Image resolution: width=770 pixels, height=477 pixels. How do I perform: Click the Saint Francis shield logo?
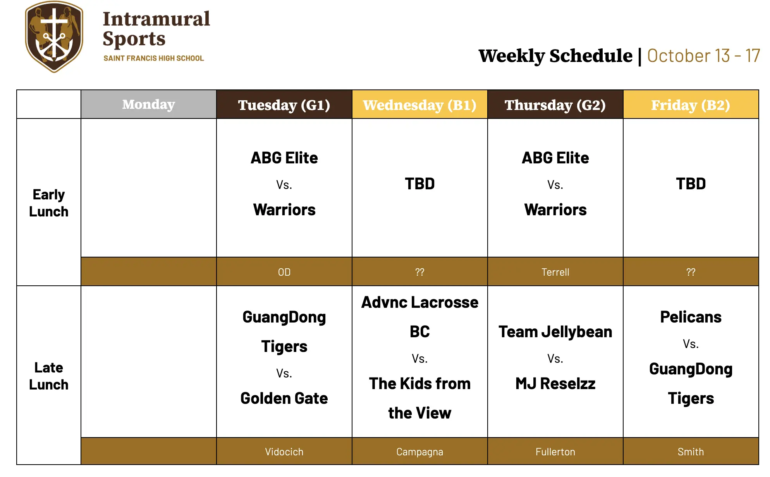pyautogui.click(x=54, y=36)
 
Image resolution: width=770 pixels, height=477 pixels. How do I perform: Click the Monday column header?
pyautogui.click(x=149, y=104)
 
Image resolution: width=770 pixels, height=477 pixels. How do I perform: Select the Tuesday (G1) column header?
pyautogui.click(x=284, y=105)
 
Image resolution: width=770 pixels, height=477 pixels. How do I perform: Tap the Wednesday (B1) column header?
pyautogui.click(x=420, y=105)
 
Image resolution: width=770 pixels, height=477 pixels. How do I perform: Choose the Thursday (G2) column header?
pyautogui.click(x=555, y=105)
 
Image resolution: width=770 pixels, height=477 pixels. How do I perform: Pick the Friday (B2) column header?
pyautogui.click(x=691, y=105)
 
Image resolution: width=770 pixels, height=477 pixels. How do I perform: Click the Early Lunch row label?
pyautogui.click(x=49, y=203)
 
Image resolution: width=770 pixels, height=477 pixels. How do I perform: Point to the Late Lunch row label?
pyautogui.click(x=49, y=376)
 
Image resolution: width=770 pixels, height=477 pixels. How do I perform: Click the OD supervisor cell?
pyautogui.click(x=284, y=272)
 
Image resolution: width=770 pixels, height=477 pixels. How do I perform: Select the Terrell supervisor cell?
pyautogui.click(x=555, y=272)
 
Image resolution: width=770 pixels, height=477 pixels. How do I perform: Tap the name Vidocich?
pyautogui.click(x=284, y=451)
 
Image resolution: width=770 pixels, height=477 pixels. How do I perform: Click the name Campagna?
pyautogui.click(x=420, y=452)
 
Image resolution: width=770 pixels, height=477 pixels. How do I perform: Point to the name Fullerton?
pyautogui.click(x=555, y=451)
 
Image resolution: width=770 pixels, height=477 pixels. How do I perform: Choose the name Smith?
pyautogui.click(x=691, y=451)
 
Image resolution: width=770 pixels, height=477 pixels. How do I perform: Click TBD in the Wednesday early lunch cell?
pyautogui.click(x=420, y=184)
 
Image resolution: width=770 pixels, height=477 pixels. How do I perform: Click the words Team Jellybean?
pyautogui.click(x=555, y=332)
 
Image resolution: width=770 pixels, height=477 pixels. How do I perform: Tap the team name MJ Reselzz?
pyautogui.click(x=555, y=384)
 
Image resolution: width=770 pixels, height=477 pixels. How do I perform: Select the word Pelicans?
pyautogui.click(x=691, y=317)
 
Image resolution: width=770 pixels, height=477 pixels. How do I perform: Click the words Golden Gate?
pyautogui.click(x=284, y=398)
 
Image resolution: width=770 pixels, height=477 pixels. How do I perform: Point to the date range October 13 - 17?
pyautogui.click(x=703, y=56)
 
